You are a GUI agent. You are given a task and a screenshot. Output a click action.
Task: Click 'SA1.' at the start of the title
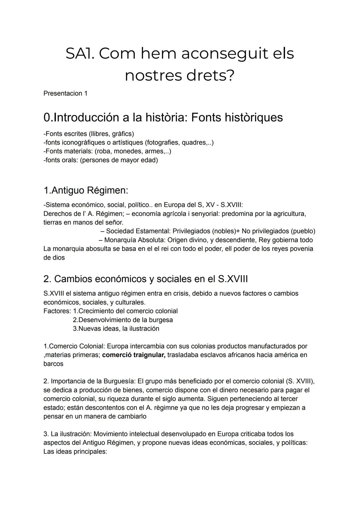point(80,54)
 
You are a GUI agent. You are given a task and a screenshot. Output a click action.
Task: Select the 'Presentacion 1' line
point(65,94)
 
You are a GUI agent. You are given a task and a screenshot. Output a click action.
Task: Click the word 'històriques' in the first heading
point(254,117)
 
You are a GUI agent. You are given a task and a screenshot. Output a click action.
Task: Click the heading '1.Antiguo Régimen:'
point(86,191)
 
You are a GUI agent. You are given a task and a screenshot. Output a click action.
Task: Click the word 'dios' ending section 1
point(58,257)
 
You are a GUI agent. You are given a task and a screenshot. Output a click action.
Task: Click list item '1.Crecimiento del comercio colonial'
point(125,311)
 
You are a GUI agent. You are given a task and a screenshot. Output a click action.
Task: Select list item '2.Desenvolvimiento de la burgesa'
point(123,320)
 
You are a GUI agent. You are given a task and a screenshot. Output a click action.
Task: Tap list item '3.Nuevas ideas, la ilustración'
point(116,328)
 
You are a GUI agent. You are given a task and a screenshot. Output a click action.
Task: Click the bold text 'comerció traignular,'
point(134,355)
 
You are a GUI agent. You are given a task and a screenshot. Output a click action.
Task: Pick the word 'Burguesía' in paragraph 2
point(119,381)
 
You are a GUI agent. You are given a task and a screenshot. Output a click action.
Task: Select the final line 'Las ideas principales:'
point(75,452)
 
